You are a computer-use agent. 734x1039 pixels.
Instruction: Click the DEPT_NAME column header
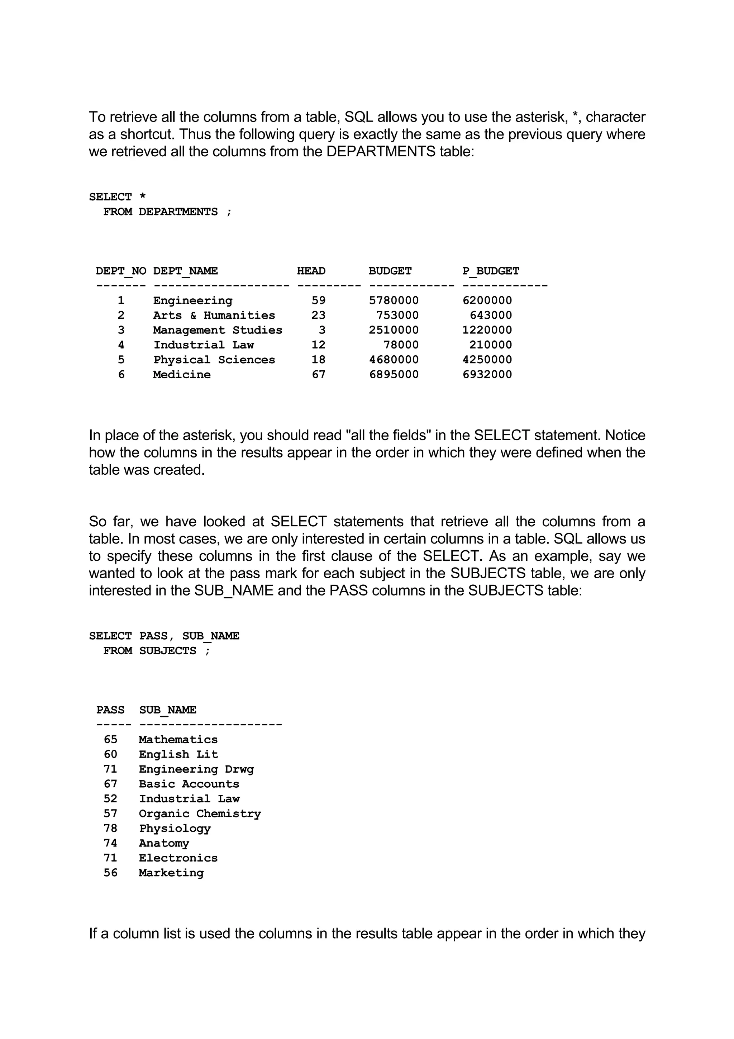[185, 271]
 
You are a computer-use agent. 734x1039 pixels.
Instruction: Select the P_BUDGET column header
[491, 271]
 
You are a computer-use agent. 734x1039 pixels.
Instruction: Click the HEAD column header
[311, 271]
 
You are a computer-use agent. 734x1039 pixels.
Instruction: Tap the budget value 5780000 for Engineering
[394, 300]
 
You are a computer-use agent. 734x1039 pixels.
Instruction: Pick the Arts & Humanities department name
[214, 316]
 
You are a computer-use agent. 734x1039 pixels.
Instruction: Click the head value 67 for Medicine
[318, 375]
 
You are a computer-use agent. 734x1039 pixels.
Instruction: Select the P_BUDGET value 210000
[491, 345]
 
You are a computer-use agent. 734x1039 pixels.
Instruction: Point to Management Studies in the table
[218, 330]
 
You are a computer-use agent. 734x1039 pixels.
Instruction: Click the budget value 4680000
[394, 360]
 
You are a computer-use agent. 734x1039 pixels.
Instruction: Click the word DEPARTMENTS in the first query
[178, 212]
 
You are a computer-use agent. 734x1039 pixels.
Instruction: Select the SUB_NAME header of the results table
[167, 710]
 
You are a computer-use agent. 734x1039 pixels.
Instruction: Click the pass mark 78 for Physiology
[110, 828]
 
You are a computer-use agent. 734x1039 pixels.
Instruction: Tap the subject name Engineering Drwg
[196, 769]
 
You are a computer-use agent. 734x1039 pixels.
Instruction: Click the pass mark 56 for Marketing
[110, 873]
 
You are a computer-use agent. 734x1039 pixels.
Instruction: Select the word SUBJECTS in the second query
[167, 651]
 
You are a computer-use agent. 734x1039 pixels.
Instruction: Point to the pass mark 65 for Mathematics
[110, 739]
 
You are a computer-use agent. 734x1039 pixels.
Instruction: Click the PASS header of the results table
[110, 710]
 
